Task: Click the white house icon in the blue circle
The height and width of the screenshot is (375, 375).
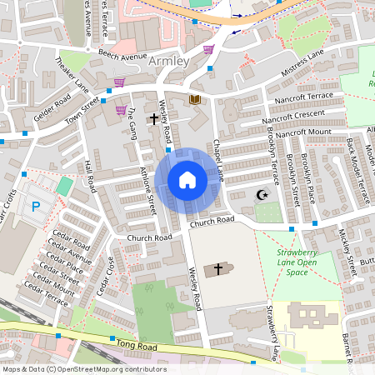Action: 187,180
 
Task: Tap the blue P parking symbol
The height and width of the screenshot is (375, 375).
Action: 36,205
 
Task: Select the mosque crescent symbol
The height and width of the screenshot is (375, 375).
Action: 262,194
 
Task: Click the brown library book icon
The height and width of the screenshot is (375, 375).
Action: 195,99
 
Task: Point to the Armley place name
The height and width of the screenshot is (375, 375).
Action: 168,61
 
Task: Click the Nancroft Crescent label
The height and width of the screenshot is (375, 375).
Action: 292,115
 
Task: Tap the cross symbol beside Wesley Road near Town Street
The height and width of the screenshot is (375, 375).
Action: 153,119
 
